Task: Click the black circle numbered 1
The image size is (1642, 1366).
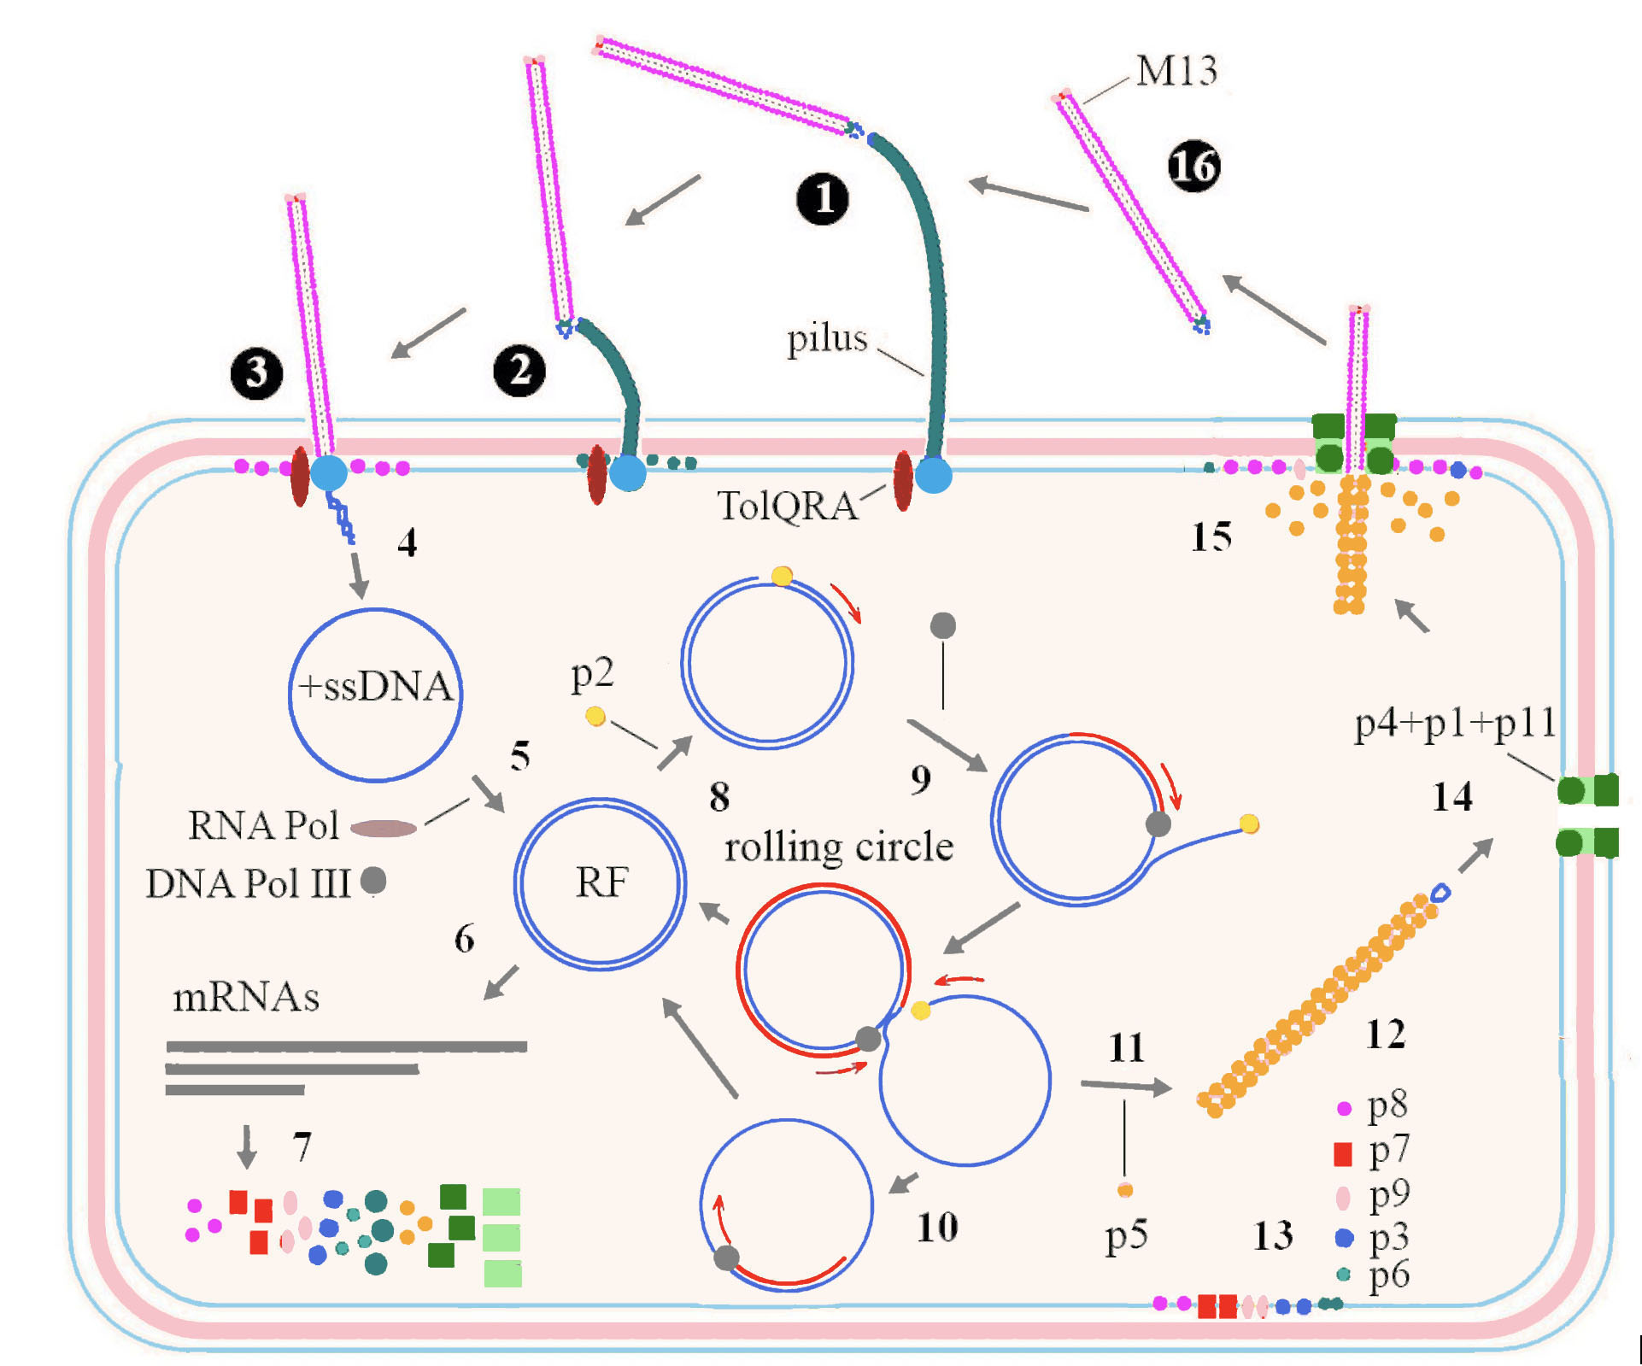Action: pyautogui.click(x=823, y=199)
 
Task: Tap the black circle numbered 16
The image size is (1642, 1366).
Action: pyautogui.click(x=1193, y=166)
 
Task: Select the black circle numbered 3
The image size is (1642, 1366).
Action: pyautogui.click(x=256, y=373)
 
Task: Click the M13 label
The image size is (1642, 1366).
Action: pyautogui.click(x=1176, y=71)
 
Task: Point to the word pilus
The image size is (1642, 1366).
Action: pyautogui.click(x=826, y=339)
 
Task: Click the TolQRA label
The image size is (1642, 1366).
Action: pyautogui.click(x=787, y=506)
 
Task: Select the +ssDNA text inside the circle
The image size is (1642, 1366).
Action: pyautogui.click(x=375, y=687)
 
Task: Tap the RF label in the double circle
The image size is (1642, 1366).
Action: pyautogui.click(x=601, y=882)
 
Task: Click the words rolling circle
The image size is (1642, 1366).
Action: pyautogui.click(x=839, y=847)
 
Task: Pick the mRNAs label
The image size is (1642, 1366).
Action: pyautogui.click(x=246, y=997)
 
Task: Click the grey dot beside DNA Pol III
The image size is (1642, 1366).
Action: pyautogui.click(x=373, y=880)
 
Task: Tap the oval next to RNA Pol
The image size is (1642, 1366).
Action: pyautogui.click(x=384, y=828)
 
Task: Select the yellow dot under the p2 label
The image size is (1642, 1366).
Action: pyautogui.click(x=595, y=717)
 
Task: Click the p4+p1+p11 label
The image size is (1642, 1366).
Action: pyautogui.click(x=1455, y=724)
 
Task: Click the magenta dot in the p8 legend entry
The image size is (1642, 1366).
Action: pyautogui.click(x=1344, y=1108)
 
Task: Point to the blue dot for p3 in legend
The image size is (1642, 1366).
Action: pyautogui.click(x=1344, y=1237)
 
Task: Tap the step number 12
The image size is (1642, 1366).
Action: pyautogui.click(x=1385, y=1035)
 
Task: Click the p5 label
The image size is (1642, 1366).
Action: pyautogui.click(x=1126, y=1236)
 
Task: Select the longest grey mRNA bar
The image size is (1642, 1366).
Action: pyautogui.click(x=346, y=1046)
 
